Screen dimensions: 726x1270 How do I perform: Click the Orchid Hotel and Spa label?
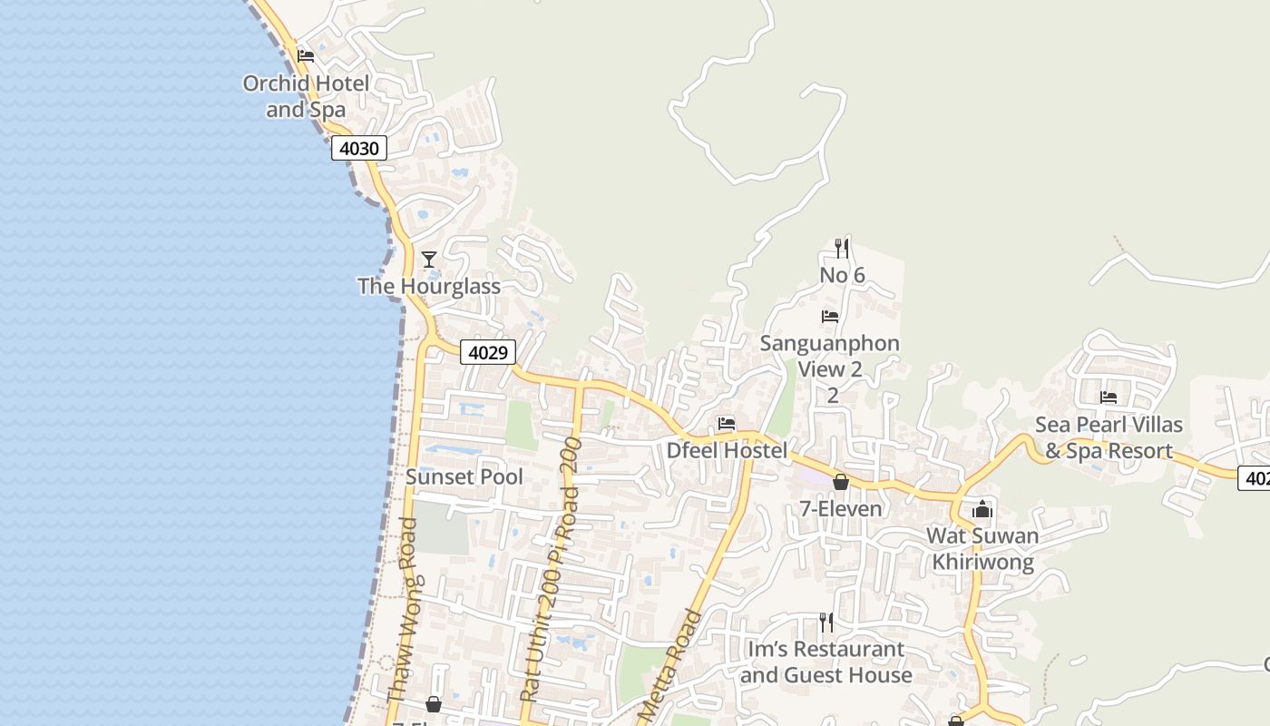click(306, 96)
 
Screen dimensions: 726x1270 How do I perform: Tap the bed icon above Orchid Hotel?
click(306, 55)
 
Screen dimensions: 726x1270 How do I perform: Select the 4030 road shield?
click(359, 148)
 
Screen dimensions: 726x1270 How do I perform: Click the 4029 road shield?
click(488, 352)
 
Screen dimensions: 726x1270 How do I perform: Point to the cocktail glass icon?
click(429, 260)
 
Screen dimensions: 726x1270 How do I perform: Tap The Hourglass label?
click(429, 287)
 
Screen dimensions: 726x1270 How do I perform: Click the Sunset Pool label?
click(464, 476)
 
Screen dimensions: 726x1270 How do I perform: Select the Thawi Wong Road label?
click(401, 609)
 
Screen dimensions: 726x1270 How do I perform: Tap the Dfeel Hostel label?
click(727, 450)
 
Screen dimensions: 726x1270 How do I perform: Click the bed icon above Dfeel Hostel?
click(727, 424)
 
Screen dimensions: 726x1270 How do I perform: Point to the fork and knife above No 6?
click(842, 248)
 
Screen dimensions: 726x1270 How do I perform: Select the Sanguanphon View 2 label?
click(830, 357)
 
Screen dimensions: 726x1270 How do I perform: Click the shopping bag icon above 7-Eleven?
click(841, 482)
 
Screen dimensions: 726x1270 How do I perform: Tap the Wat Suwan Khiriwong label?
click(982, 548)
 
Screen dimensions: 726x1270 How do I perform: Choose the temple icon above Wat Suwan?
click(982, 509)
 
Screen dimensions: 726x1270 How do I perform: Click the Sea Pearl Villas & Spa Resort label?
click(1109, 437)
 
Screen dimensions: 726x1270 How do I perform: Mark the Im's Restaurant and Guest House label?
click(825, 662)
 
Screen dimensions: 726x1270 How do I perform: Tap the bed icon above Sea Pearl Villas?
click(1109, 397)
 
